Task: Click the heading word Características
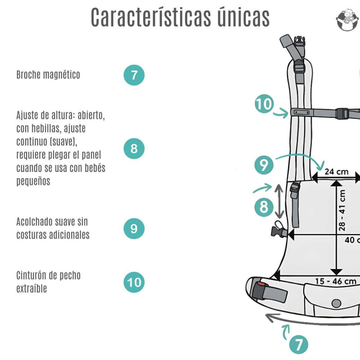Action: point(151,17)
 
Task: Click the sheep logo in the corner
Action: point(347,20)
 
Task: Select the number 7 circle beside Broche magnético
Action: point(134,75)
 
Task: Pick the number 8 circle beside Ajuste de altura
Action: point(134,148)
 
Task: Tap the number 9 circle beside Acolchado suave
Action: point(134,229)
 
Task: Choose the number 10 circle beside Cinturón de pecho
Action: point(134,282)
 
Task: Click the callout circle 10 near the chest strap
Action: point(264,103)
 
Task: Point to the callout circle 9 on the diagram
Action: point(264,165)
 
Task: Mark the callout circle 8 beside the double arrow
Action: point(264,207)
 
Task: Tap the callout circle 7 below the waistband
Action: point(299,345)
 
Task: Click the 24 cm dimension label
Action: point(336,172)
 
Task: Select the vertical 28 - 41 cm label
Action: point(342,210)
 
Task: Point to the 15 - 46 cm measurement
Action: point(335,281)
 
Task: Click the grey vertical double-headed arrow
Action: point(279,201)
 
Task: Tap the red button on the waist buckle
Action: point(261,284)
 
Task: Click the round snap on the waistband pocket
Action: point(336,303)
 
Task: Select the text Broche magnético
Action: point(48,75)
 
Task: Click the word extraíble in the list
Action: point(31,288)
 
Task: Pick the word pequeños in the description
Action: point(33,181)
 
